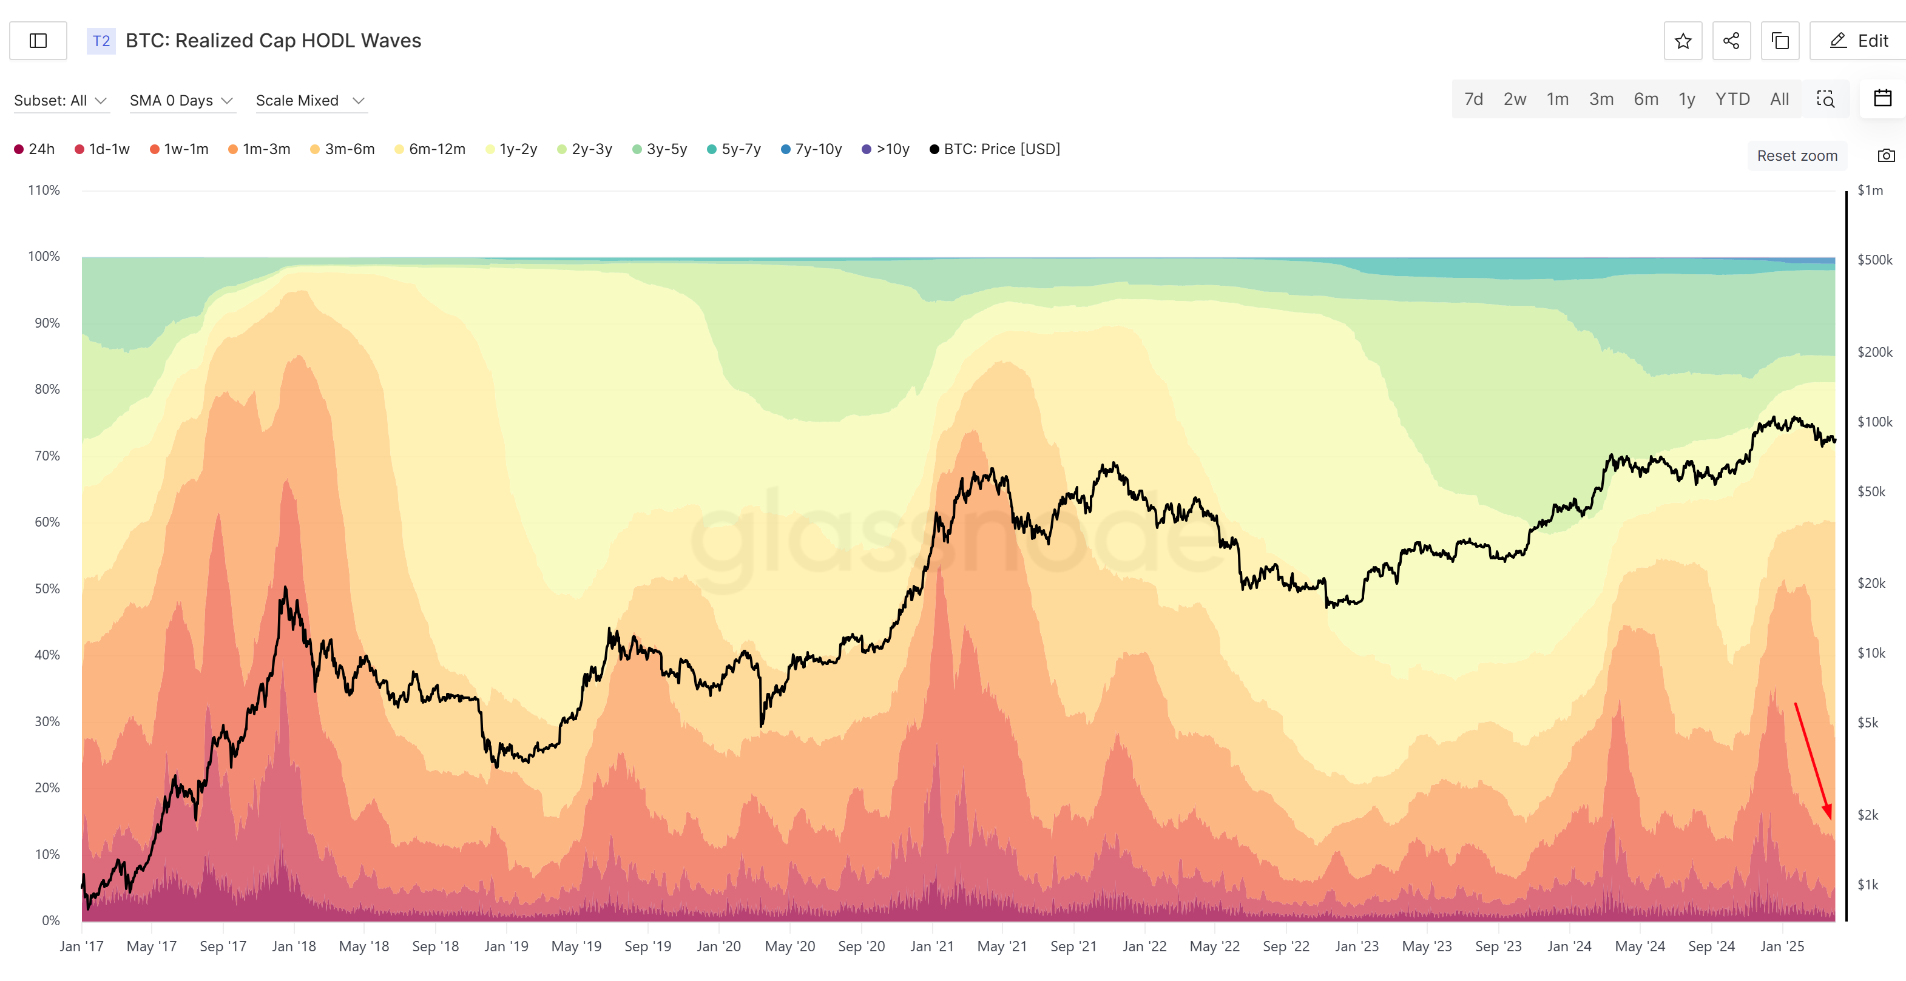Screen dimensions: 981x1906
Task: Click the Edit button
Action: click(x=1858, y=41)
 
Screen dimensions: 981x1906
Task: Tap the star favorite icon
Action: click(x=1683, y=41)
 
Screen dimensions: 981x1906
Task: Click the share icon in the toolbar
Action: click(x=1731, y=41)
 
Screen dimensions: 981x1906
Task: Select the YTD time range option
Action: click(x=1732, y=99)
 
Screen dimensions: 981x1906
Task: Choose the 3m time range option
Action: click(x=1601, y=99)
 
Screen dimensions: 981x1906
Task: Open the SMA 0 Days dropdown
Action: click(x=181, y=101)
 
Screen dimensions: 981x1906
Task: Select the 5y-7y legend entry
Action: click(x=734, y=149)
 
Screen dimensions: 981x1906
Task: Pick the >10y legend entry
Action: click(x=886, y=149)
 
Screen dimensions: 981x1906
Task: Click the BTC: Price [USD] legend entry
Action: click(x=995, y=149)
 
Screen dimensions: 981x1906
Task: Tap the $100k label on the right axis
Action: click(x=1874, y=422)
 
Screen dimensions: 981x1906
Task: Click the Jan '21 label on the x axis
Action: click(x=931, y=946)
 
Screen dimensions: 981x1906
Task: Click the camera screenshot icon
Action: click(x=1886, y=155)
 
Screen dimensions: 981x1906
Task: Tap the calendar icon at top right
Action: click(x=1882, y=98)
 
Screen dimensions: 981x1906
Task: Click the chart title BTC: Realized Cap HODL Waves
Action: click(x=273, y=41)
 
